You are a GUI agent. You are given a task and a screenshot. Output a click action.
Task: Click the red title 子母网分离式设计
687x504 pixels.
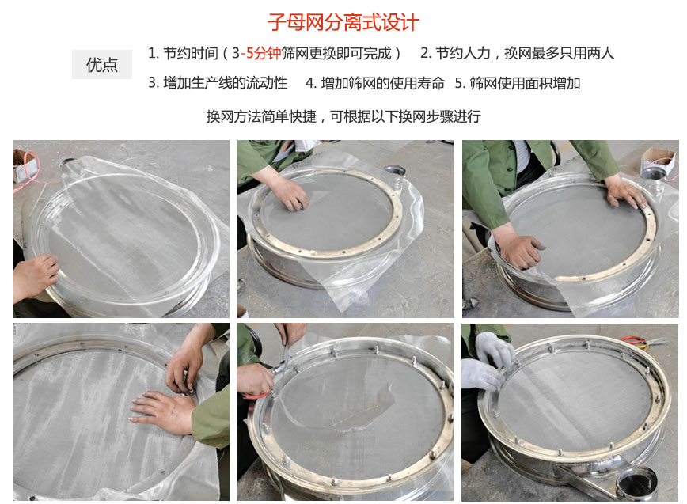click(x=343, y=21)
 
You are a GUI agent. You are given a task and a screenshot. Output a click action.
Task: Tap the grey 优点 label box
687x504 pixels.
click(x=102, y=65)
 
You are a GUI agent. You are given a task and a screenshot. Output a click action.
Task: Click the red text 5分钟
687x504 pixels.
click(x=264, y=54)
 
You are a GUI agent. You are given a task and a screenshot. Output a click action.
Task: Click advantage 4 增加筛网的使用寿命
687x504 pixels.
click(x=375, y=83)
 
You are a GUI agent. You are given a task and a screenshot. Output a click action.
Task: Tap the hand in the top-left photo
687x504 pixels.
click(x=33, y=276)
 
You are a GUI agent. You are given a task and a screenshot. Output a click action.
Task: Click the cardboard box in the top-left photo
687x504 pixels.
click(x=25, y=161)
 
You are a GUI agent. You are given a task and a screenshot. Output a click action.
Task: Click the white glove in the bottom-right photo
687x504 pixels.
click(x=485, y=364)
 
